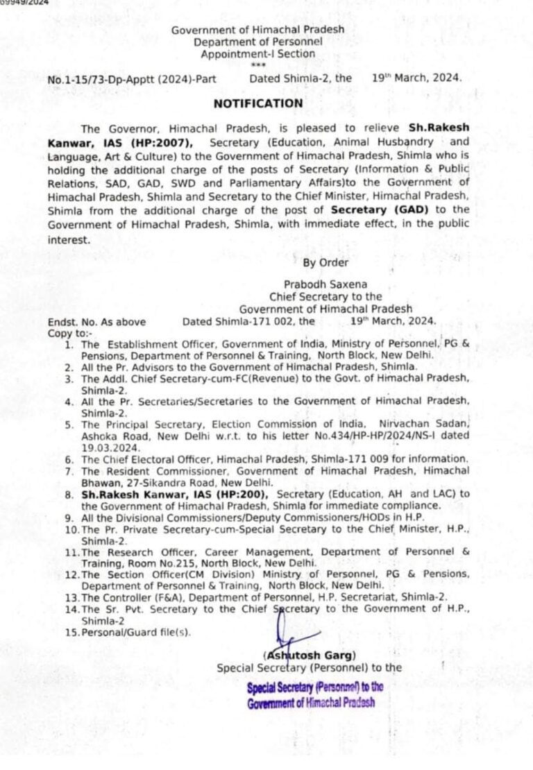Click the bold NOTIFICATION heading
click(x=258, y=103)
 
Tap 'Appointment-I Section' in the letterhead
click(x=257, y=54)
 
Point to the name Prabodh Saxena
click(x=325, y=284)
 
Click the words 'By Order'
click(x=325, y=262)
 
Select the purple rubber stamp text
click(x=315, y=694)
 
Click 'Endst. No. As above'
click(x=96, y=322)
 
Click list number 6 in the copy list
click(x=68, y=459)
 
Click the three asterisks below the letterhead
click(x=257, y=65)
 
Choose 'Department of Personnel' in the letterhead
click(x=258, y=42)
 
